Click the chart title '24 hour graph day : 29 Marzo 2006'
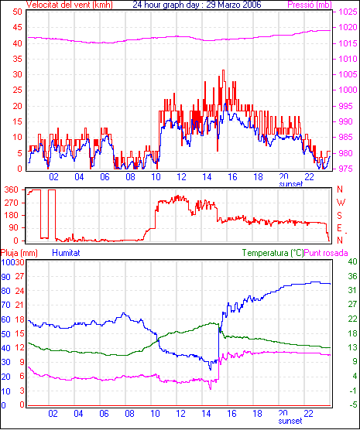(197, 5)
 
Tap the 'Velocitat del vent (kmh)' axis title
(70, 5)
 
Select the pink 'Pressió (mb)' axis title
(310, 5)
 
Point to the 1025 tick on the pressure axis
(348, 12)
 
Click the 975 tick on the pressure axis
(348, 169)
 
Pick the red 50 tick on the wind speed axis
(17, 12)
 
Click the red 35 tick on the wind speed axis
(17, 59)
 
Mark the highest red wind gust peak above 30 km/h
(223, 70)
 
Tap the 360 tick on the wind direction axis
(12, 189)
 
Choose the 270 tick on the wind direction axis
(12, 203)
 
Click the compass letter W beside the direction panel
(341, 203)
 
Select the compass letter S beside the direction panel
(340, 216)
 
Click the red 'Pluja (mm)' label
(19, 253)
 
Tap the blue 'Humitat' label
(66, 253)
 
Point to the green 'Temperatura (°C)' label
(273, 253)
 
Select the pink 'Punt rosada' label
(326, 253)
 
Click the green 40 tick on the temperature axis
(352, 262)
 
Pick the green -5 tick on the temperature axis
(351, 404)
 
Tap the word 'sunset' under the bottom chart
(290, 421)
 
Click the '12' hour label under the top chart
(181, 177)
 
